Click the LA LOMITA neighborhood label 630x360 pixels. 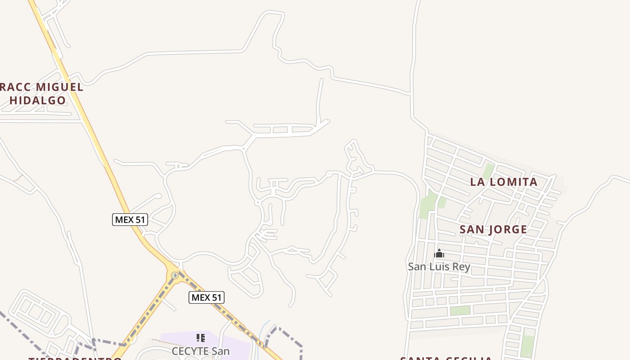pos(504,182)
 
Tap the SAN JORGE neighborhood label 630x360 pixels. pos(493,229)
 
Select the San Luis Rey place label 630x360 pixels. pos(439,267)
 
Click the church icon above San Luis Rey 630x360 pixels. pos(439,254)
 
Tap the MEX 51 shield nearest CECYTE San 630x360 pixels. pos(206,297)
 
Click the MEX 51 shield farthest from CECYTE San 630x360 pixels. pos(130,220)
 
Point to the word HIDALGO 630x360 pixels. pos(38,100)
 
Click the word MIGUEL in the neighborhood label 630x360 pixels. pos(60,87)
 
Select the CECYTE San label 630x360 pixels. pos(200,351)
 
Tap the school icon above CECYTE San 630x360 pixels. pos(201,338)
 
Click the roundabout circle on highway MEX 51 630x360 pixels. pos(175,275)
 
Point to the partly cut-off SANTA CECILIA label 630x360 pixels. pos(446,358)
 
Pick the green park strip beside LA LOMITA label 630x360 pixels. pos(488,171)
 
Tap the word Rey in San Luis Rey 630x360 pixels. pos(461,267)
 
